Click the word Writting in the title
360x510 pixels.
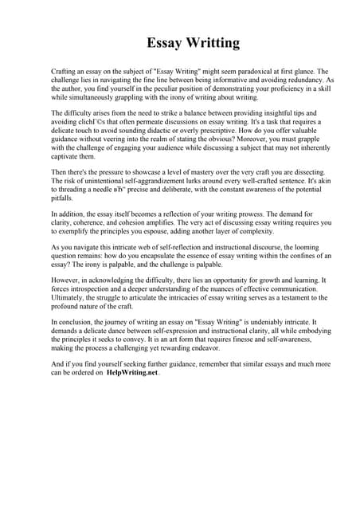(209, 42)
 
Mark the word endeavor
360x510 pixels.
(232, 347)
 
